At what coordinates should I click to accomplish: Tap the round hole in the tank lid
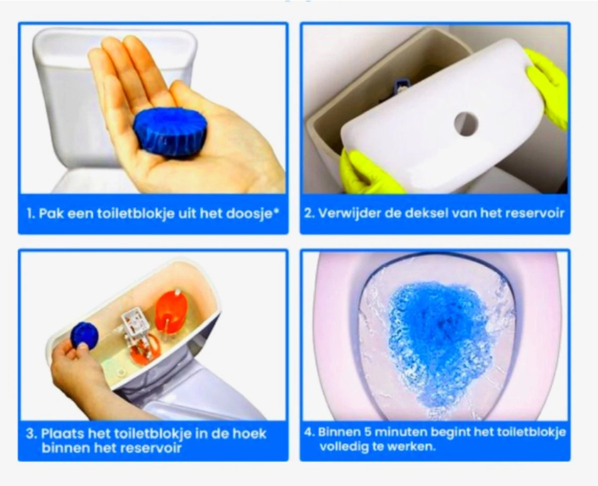(x=466, y=123)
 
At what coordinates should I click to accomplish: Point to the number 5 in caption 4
(x=365, y=431)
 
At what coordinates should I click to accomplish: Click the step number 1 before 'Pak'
(x=29, y=214)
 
